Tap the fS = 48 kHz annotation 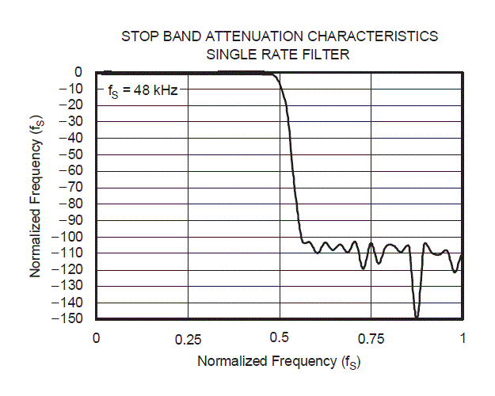[143, 90]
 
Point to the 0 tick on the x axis [96, 338]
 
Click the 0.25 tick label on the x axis [188, 338]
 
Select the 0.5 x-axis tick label [280, 338]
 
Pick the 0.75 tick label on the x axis [371, 338]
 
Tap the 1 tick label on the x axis [463, 338]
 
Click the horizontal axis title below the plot [279, 362]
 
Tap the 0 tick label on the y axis [79, 72]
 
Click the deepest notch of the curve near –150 [417, 315]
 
